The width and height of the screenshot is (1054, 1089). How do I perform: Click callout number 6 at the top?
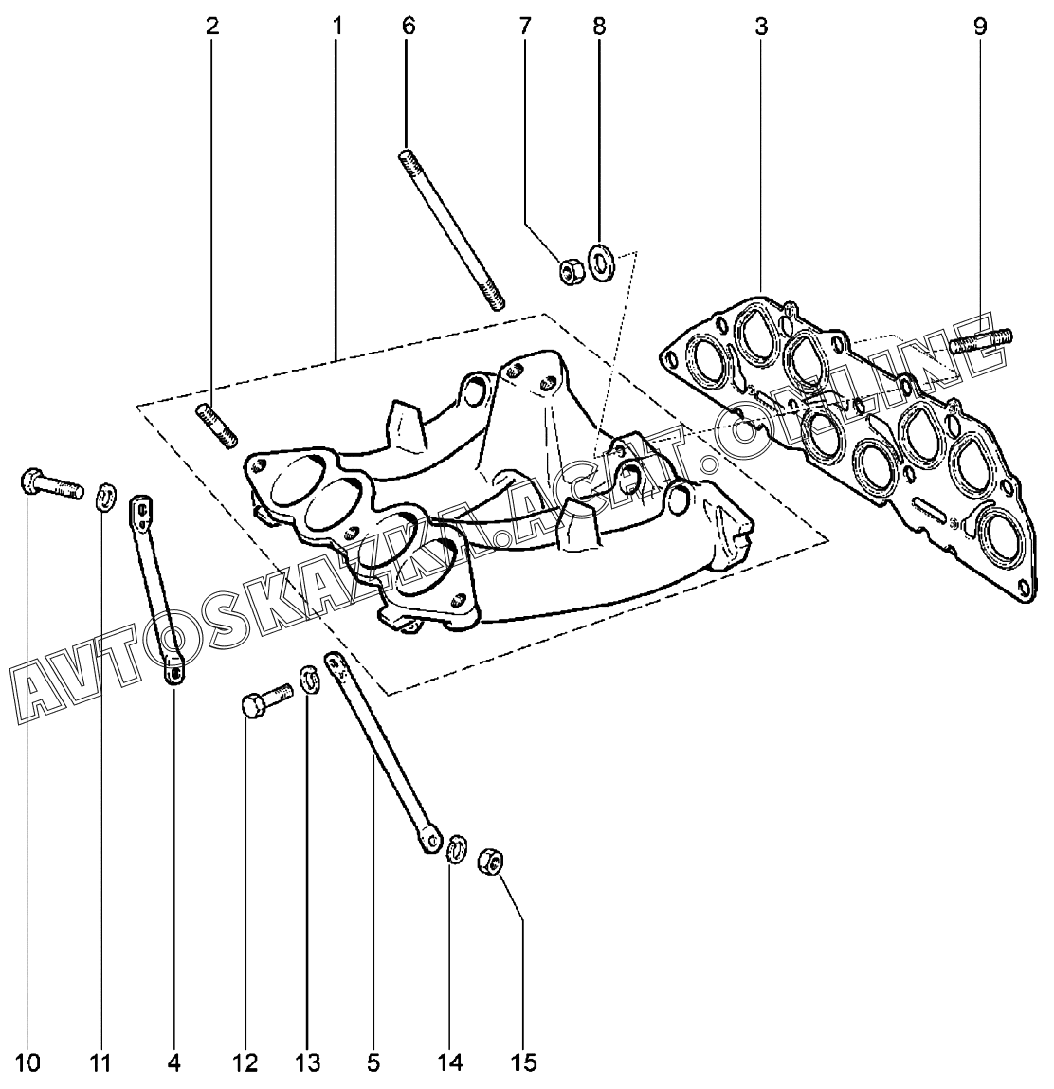point(409,27)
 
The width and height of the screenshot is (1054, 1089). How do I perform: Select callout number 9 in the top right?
point(980,27)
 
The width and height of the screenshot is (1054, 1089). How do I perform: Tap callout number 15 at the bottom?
point(524,1062)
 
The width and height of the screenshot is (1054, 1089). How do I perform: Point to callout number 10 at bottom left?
point(27,1062)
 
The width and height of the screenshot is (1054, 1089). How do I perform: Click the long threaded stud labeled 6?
point(452,230)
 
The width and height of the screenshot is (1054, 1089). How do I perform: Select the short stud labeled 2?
point(217,426)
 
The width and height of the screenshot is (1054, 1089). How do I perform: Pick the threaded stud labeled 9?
point(981,341)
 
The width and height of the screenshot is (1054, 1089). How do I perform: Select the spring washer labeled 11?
point(104,497)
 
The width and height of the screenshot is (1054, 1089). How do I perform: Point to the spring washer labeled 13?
point(309,679)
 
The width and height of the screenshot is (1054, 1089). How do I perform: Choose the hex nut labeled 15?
point(490,862)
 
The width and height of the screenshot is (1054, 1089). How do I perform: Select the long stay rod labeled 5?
point(383,752)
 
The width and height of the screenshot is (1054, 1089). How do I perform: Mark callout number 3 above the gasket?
point(761,27)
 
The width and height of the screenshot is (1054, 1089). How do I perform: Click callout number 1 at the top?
point(336,27)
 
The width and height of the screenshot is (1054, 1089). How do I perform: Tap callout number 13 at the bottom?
point(308,1062)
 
